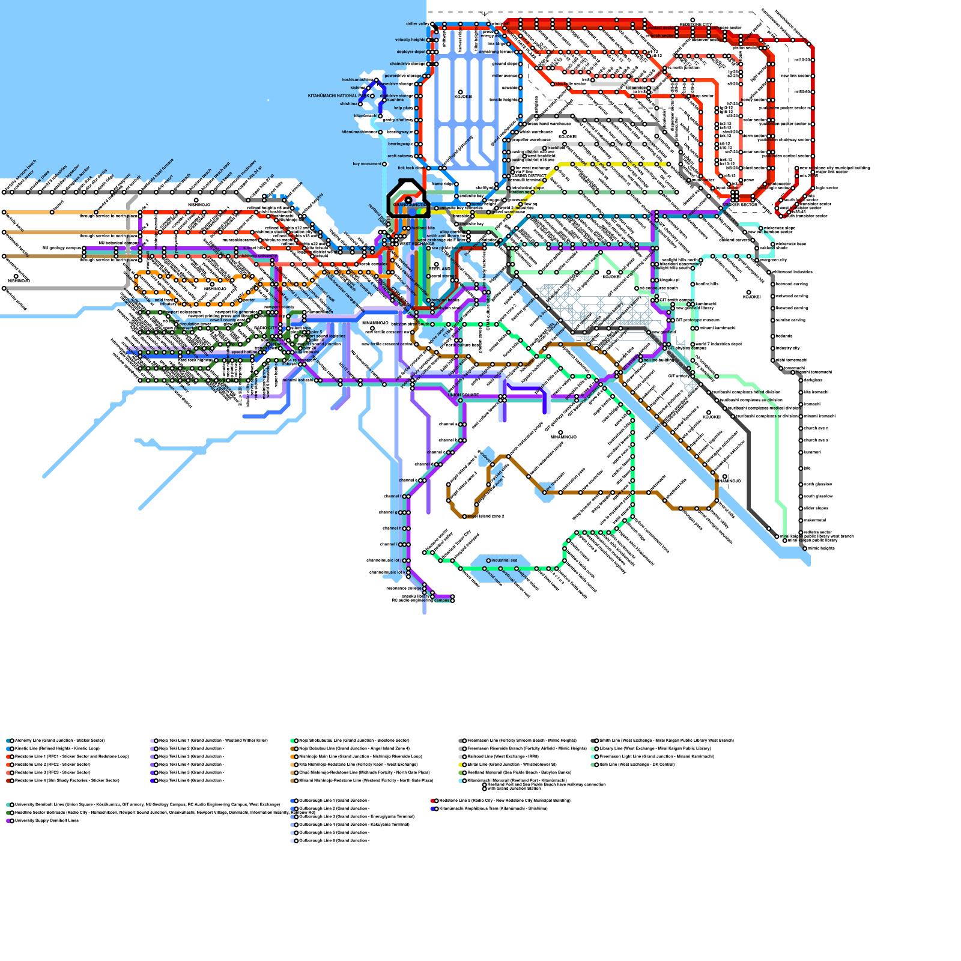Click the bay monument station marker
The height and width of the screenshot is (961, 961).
[384, 163]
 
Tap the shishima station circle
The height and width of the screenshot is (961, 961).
[361, 104]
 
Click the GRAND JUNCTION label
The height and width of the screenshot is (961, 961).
[410, 205]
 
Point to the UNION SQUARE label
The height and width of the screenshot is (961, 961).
[463, 395]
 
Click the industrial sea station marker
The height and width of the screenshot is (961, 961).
[488, 560]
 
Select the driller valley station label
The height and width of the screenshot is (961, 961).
[417, 24]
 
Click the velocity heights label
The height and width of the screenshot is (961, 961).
[410, 40]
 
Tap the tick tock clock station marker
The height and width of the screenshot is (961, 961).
[426, 168]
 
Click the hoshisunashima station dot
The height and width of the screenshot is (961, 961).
[376, 80]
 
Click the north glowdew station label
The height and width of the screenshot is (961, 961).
[817, 484]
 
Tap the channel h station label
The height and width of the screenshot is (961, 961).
[393, 529]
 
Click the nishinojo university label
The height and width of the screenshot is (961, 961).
[258, 256]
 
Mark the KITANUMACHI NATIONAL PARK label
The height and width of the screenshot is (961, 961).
[338, 95]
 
